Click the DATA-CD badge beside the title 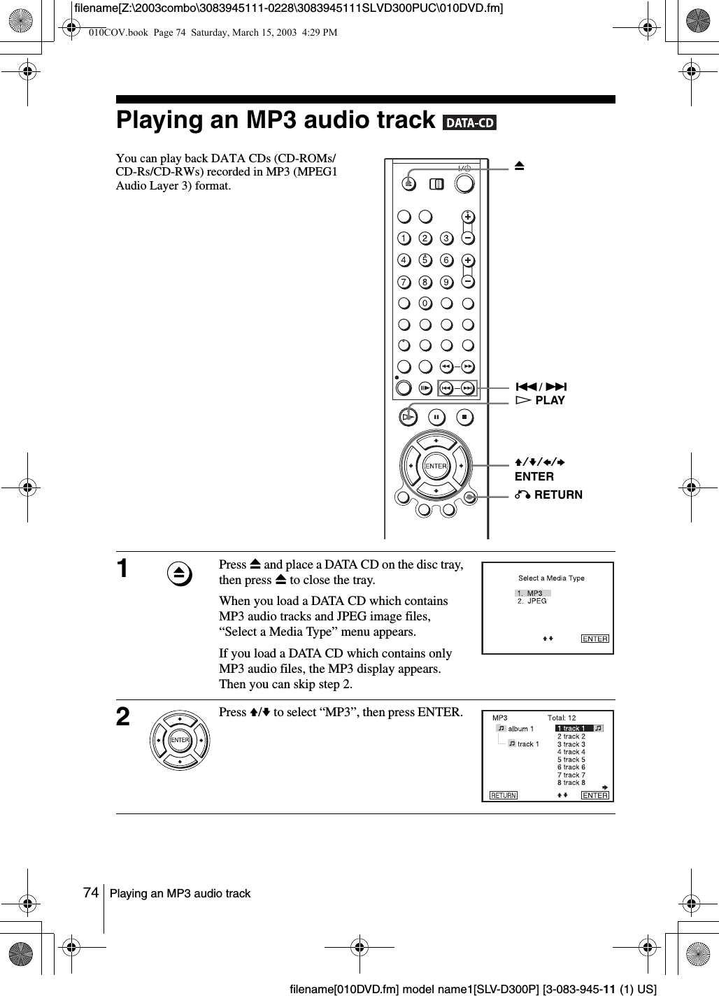pos(469,123)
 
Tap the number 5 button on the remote pos(425,260)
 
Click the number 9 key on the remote pos(446,282)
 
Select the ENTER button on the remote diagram pos(436,466)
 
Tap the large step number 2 pos(123,717)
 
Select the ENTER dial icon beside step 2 pos(180,740)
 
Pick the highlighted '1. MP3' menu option pos(532,593)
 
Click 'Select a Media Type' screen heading pos(551,578)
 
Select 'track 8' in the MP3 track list pos(571,783)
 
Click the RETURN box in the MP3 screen pos(503,795)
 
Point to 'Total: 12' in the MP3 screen pos(562,718)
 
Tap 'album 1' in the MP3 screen pos(520,729)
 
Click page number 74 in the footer pos(90,893)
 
